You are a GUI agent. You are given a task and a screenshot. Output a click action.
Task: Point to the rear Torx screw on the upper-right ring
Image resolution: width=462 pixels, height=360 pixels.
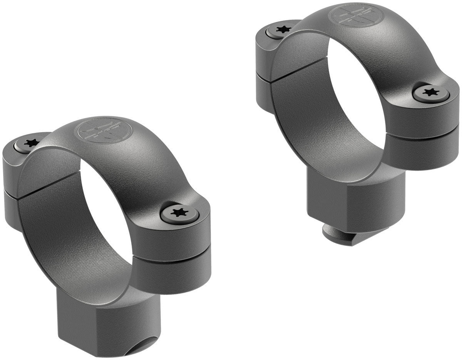(x=283, y=29)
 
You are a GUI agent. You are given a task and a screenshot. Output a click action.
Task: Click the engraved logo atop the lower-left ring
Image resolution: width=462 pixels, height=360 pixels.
(x=105, y=130)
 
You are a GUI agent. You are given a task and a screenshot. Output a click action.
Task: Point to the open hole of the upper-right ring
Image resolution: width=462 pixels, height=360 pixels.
(x=354, y=100)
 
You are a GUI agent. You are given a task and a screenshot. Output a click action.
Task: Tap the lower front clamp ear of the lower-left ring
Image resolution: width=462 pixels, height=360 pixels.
(x=173, y=273)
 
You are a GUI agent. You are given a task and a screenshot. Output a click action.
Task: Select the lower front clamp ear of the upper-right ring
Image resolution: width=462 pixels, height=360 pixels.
(x=423, y=152)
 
